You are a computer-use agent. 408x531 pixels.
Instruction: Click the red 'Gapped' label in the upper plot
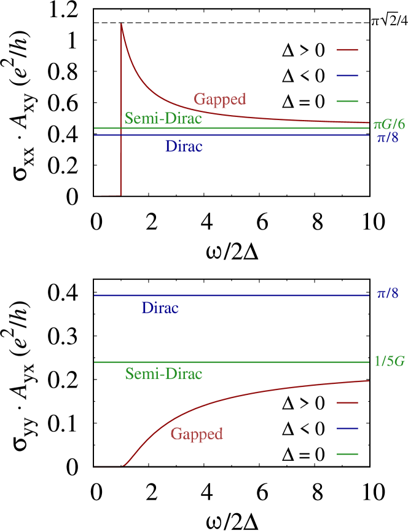(220, 99)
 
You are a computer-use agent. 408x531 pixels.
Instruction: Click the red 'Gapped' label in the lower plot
(197, 434)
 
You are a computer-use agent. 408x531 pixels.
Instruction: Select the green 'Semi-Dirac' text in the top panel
(163, 119)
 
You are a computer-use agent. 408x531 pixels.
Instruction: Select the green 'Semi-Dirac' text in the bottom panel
(163, 373)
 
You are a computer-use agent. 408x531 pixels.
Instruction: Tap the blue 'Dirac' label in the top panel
(184, 146)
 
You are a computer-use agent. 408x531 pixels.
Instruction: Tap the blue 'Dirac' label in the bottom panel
(160, 308)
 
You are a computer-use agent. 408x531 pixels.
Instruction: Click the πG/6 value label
(389, 124)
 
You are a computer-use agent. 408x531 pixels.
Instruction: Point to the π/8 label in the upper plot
(388, 138)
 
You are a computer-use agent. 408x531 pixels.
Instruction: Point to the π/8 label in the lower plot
(388, 294)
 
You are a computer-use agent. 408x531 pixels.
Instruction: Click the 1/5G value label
(390, 361)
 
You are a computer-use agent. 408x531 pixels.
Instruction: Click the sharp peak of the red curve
(121, 24)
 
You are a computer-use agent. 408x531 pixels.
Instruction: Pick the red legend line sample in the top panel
(347, 50)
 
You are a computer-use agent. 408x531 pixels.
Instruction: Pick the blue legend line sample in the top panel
(347, 76)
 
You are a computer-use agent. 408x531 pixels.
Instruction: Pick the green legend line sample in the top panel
(347, 101)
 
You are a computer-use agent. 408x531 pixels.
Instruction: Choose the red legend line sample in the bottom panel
(347, 402)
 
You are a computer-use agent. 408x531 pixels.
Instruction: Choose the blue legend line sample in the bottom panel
(347, 428)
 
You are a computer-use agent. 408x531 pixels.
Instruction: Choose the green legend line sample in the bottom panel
(347, 454)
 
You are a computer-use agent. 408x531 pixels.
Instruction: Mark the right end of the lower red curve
(368, 381)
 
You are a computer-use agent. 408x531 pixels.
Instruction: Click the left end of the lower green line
(95, 362)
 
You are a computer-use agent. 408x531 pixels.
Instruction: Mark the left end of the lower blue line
(95, 295)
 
